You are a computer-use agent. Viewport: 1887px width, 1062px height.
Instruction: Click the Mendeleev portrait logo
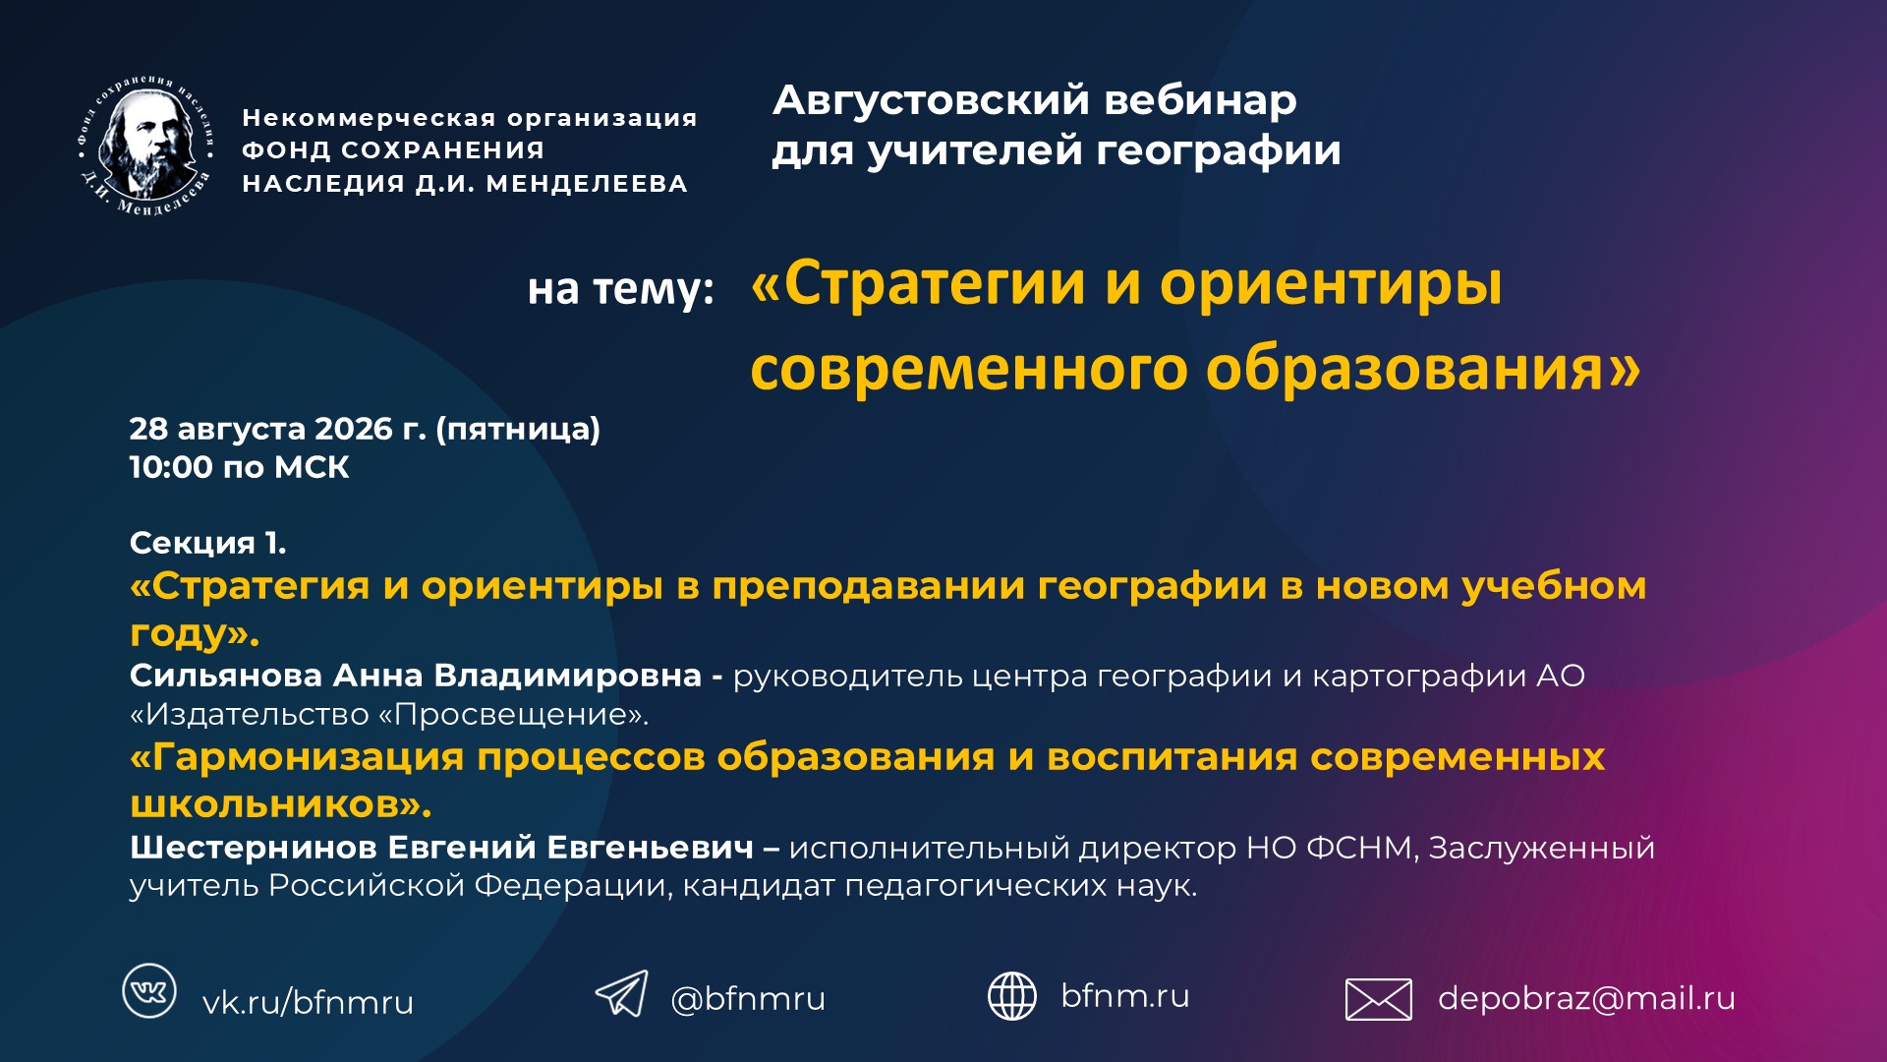(x=145, y=145)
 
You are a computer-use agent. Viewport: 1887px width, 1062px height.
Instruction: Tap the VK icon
(x=149, y=990)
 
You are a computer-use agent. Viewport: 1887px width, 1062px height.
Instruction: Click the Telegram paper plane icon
(x=621, y=993)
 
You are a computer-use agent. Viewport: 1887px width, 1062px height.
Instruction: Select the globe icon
(x=1011, y=995)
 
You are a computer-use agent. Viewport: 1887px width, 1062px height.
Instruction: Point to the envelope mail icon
(x=1378, y=999)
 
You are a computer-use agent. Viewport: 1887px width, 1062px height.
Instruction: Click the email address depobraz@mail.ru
(x=1586, y=998)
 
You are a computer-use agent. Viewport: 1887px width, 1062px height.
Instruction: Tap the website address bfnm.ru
(x=1125, y=995)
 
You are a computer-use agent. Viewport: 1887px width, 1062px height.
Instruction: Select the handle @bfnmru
(x=748, y=998)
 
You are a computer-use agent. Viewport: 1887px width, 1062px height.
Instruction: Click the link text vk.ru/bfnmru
(x=308, y=1002)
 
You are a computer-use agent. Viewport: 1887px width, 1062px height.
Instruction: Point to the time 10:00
(x=171, y=467)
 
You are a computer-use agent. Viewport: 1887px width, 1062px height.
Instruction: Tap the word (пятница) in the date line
(x=518, y=430)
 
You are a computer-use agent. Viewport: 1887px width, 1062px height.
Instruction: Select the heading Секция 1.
(x=208, y=542)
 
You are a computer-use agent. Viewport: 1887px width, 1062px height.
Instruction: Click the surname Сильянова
(x=226, y=676)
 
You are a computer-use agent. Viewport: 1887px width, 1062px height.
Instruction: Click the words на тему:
(x=621, y=289)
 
